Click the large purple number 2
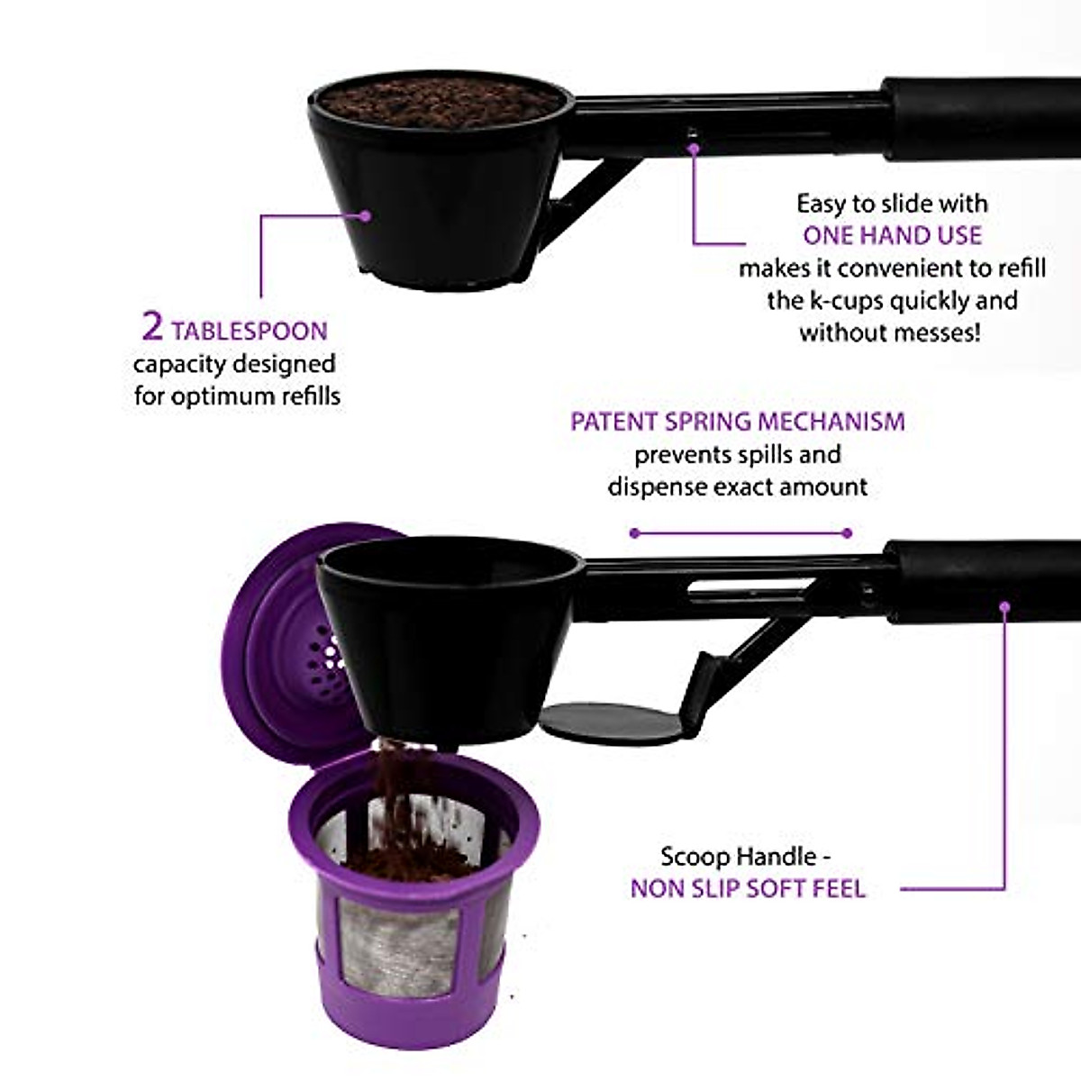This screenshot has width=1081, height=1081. click(152, 327)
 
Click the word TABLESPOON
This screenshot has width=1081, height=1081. click(250, 331)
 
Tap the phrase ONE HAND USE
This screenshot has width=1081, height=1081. click(892, 236)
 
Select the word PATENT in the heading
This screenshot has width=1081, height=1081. click(613, 422)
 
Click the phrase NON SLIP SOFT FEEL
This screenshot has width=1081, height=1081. click(748, 889)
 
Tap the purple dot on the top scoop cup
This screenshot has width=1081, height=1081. click(365, 216)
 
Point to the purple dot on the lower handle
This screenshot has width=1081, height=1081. click(1005, 605)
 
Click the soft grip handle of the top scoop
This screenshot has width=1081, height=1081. click(982, 117)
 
